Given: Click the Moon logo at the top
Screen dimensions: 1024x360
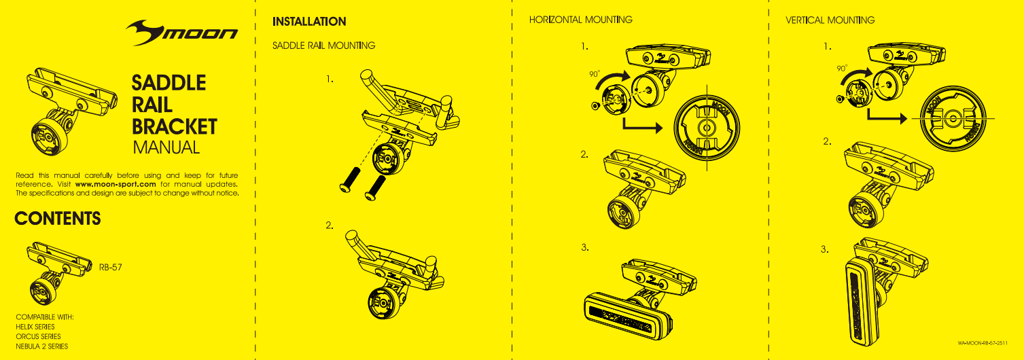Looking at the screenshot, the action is [x=182, y=33].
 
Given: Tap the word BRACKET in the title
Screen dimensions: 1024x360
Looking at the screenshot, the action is [x=174, y=126].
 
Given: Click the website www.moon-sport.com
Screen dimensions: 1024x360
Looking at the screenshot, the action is [x=116, y=184].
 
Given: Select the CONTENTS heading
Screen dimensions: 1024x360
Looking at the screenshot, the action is [x=58, y=218].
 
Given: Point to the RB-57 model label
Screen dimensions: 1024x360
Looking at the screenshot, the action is [x=111, y=267].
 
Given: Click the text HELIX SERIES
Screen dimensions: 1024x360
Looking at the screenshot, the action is [x=35, y=327].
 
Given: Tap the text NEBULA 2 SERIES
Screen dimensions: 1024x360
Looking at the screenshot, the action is [x=41, y=346].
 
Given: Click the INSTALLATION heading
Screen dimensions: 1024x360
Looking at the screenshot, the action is [x=309, y=22].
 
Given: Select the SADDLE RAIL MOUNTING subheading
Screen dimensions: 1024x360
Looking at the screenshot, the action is [x=323, y=46].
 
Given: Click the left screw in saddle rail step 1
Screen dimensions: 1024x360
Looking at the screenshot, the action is [x=350, y=179].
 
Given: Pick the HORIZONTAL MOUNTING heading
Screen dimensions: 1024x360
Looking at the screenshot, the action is [x=580, y=20].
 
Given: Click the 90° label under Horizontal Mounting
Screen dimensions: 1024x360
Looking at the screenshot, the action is [x=595, y=73].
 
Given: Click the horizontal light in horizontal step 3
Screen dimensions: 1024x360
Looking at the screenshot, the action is [x=628, y=316].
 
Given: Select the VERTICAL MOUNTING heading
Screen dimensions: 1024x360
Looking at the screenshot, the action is [x=830, y=20].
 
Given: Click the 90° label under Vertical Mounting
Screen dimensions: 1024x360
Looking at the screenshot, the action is [x=842, y=69].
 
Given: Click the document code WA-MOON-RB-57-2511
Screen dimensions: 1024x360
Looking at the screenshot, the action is [x=983, y=342].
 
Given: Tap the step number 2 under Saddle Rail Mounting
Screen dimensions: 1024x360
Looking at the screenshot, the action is [x=330, y=226].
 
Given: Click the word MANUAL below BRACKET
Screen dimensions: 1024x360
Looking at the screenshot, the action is [x=166, y=147].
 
